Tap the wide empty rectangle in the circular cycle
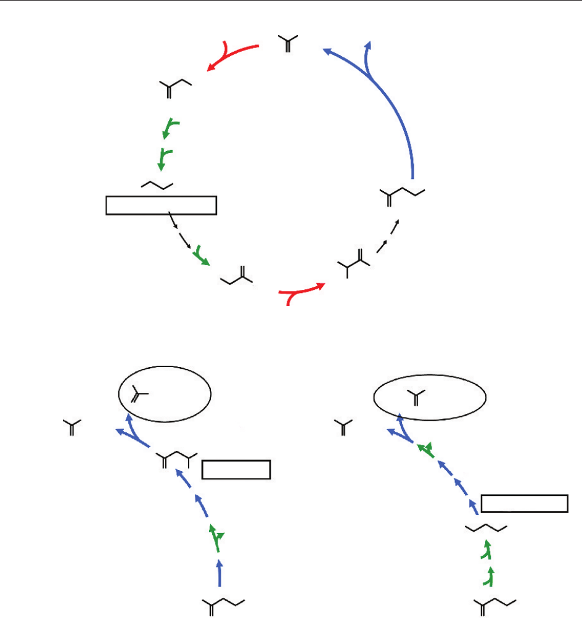pyautogui.click(x=161, y=205)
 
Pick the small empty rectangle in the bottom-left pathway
pyautogui.click(x=236, y=469)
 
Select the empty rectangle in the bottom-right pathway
pyautogui.click(x=524, y=503)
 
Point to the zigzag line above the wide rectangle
pyautogui.click(x=157, y=184)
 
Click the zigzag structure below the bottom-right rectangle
pyautogui.click(x=486, y=528)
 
